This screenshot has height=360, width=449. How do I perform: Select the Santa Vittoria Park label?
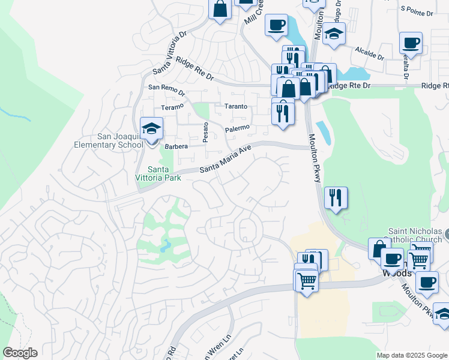(x=164, y=173)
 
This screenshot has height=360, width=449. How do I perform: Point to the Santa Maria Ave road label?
(x=225, y=160)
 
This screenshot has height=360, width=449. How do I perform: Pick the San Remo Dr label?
(x=166, y=89)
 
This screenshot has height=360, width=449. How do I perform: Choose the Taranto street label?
(x=235, y=106)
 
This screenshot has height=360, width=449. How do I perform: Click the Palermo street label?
(x=237, y=128)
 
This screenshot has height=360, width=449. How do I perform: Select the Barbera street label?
(x=176, y=146)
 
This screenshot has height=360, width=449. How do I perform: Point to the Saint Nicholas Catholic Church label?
(x=415, y=235)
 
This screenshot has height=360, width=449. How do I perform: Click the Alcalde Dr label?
(x=369, y=53)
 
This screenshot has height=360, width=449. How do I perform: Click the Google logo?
(x=20, y=353)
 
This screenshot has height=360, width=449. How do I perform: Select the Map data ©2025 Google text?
(x=412, y=355)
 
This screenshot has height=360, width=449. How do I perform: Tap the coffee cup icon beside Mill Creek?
(x=276, y=26)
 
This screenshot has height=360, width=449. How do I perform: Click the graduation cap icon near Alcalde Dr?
(x=334, y=34)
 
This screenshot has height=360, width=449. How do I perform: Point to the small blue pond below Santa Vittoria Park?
(x=164, y=245)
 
